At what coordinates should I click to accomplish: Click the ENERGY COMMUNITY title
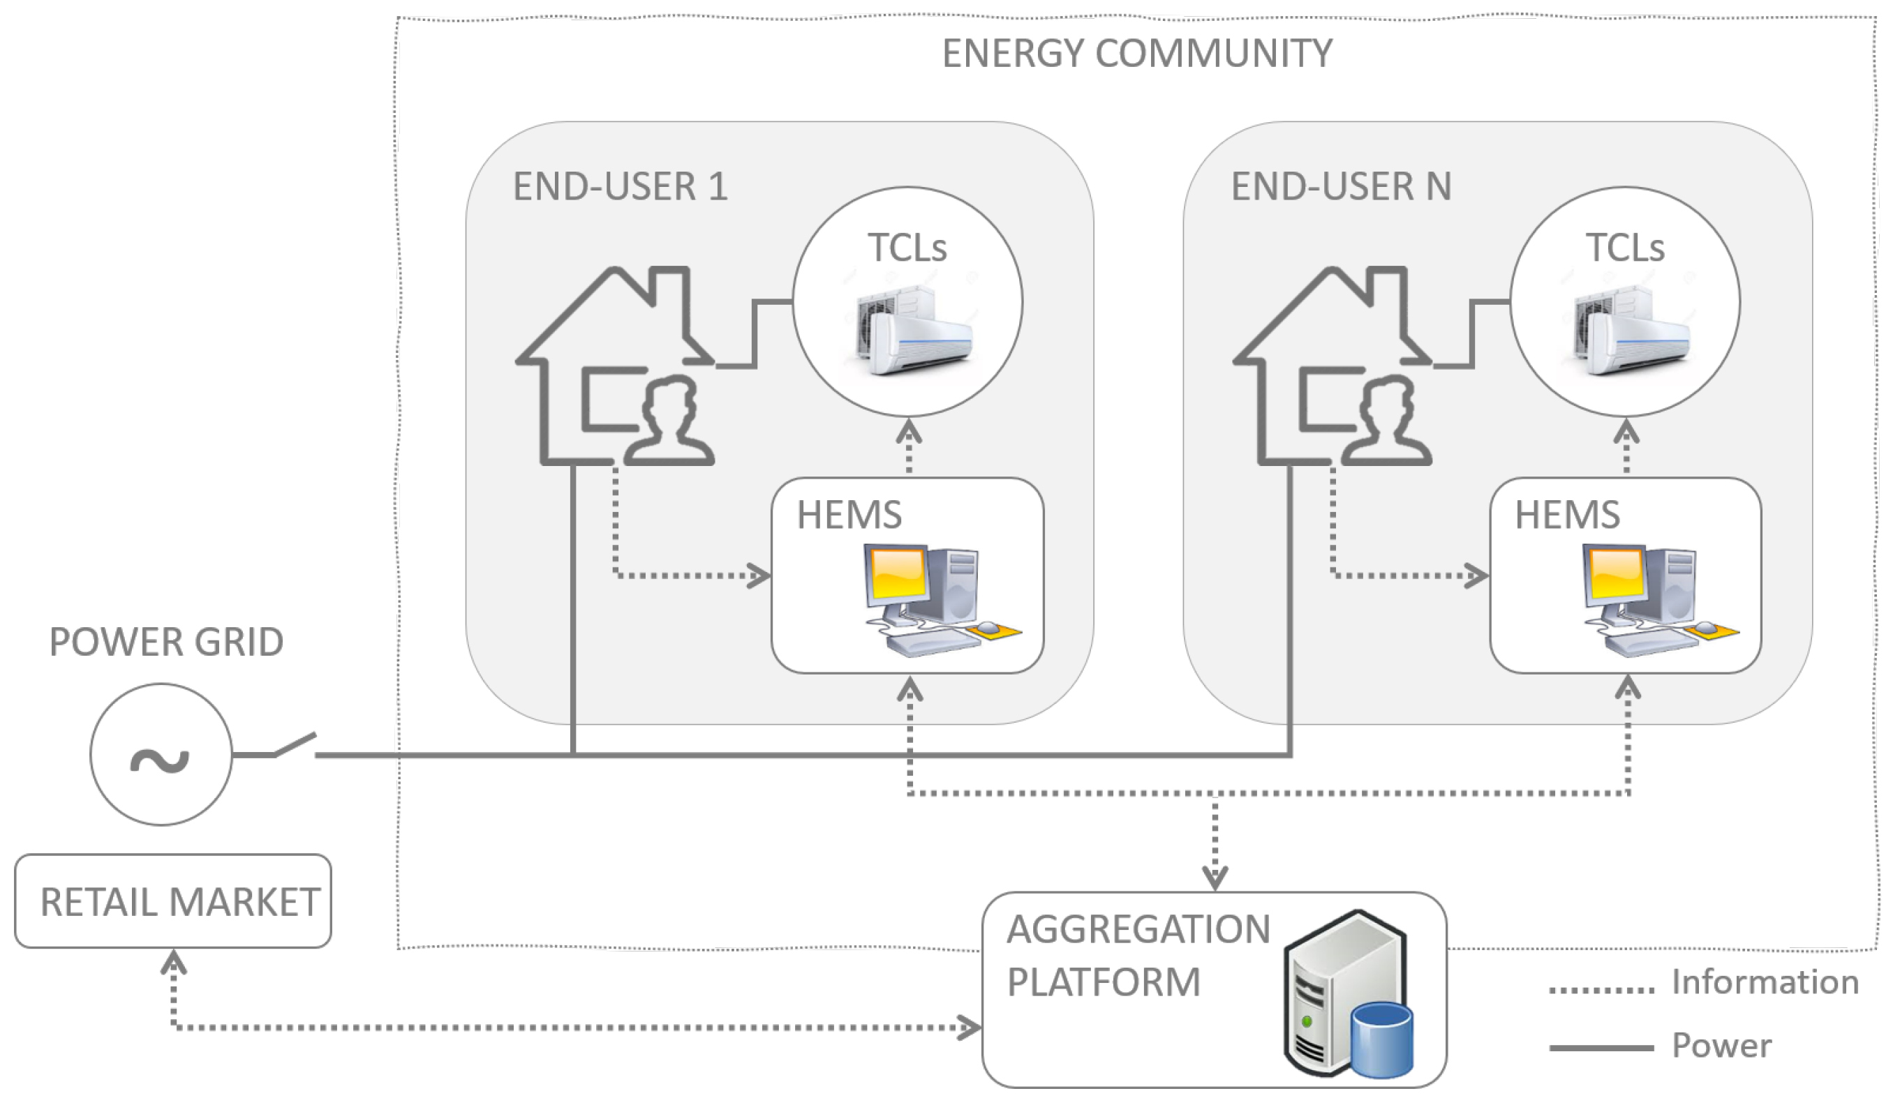point(1137,54)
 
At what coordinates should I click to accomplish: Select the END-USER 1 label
point(620,186)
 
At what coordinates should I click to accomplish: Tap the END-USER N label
point(1341,186)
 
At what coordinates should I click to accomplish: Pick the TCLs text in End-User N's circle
point(1625,247)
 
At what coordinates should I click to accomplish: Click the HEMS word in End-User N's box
point(1567,515)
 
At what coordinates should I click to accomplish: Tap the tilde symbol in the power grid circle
point(160,760)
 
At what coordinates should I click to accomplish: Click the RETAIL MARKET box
point(173,901)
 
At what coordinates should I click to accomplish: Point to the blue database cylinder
point(1381,1039)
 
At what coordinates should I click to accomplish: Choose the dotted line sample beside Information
point(1601,990)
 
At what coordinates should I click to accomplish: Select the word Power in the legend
point(1721,1046)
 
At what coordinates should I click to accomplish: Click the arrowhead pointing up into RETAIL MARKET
point(173,961)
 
